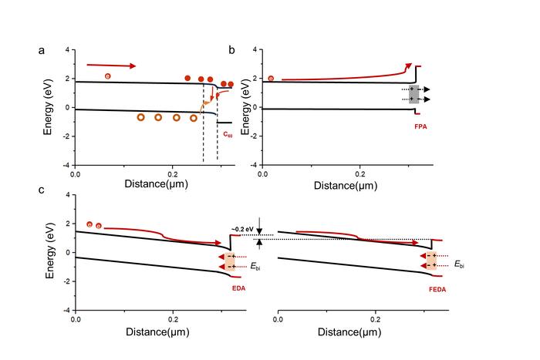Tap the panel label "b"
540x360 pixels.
(x=231, y=51)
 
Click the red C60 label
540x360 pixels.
(x=228, y=134)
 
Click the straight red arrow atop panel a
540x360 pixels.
(x=112, y=66)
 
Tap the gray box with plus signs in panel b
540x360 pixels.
(x=413, y=94)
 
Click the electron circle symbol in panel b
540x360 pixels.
(x=271, y=78)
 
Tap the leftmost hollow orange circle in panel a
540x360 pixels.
(x=140, y=117)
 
